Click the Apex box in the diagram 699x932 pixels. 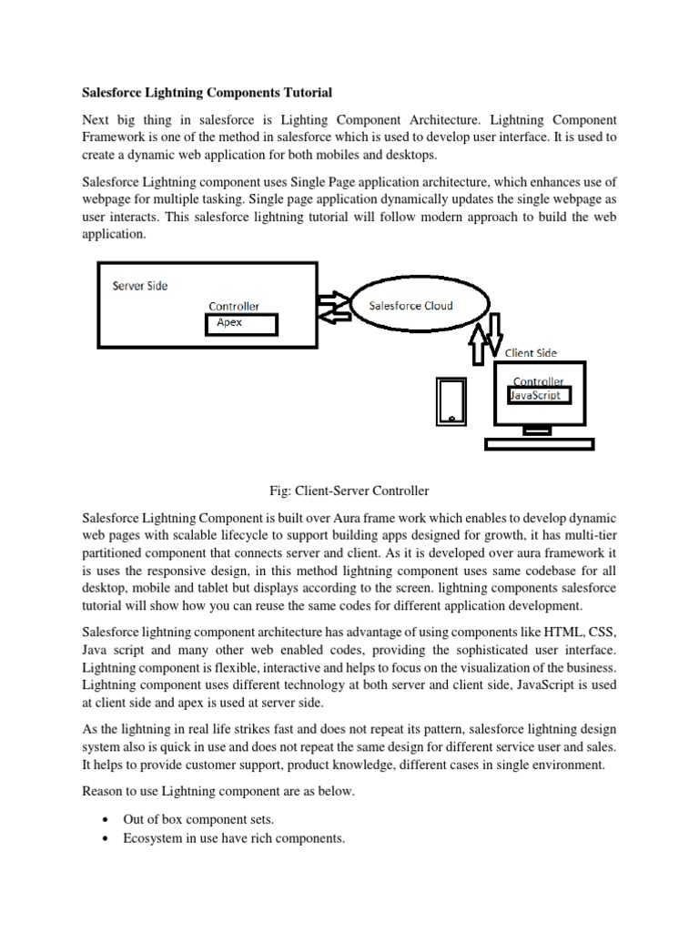point(241,324)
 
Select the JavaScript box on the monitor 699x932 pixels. point(540,396)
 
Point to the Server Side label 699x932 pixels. point(140,286)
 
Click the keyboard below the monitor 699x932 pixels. point(539,444)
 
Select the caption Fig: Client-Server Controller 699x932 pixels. point(349,491)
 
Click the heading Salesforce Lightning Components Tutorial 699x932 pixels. point(208,93)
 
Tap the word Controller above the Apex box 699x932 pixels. point(234,307)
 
